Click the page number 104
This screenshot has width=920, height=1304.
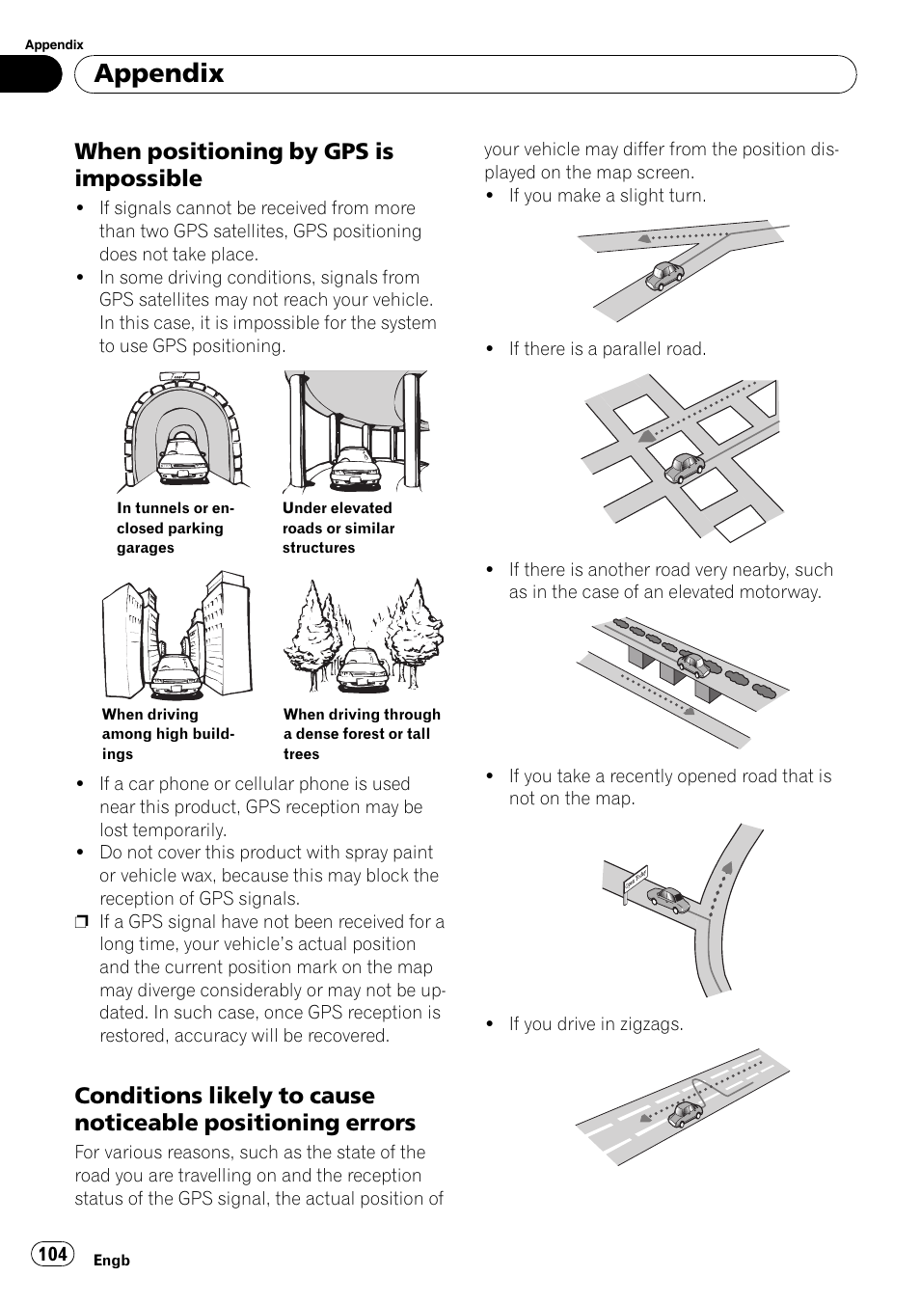(x=53, y=1254)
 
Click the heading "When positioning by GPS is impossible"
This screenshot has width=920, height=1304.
(x=233, y=165)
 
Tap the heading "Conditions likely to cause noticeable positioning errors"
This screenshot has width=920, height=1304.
(x=245, y=1109)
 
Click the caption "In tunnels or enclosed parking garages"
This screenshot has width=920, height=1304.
(x=176, y=529)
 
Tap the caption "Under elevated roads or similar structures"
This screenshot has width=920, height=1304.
(x=338, y=529)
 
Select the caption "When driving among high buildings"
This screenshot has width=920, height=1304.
(x=169, y=734)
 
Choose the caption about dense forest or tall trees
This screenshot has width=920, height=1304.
(x=362, y=734)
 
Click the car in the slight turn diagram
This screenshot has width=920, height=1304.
(x=664, y=277)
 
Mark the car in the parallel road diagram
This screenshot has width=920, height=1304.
(x=684, y=468)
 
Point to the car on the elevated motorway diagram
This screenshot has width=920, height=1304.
(x=692, y=664)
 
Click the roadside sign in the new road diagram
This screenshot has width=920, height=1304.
(x=636, y=878)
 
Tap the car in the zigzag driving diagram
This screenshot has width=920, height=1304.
(x=686, y=1114)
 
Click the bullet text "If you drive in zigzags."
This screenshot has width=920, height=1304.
(x=595, y=1024)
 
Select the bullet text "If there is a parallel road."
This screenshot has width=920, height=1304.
(x=607, y=349)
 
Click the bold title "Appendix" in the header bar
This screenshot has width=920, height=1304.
(x=160, y=73)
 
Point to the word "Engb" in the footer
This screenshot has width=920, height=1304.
(x=111, y=1261)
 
